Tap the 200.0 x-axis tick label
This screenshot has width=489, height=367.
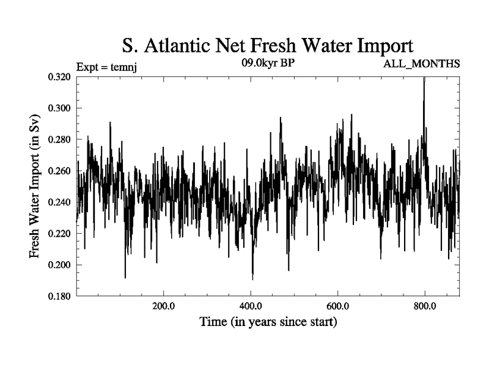click(x=163, y=306)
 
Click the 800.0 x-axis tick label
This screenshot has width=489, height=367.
click(x=425, y=306)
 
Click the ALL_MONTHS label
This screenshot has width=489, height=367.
click(x=421, y=64)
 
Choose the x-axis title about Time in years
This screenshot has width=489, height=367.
click(x=268, y=321)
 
